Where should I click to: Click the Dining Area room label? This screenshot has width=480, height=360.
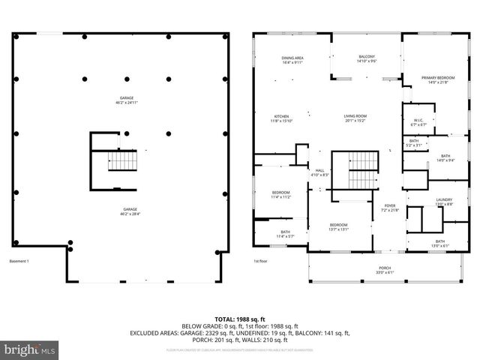click(292, 60)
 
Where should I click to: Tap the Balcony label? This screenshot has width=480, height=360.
click(367, 59)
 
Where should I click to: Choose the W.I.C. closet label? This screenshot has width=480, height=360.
click(418, 122)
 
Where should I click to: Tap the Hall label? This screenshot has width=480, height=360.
click(319, 172)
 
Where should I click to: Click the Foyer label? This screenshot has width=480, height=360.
click(389, 207)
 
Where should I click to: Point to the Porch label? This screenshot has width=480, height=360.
click(383, 270)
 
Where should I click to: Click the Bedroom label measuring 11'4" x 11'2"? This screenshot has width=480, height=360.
click(281, 195)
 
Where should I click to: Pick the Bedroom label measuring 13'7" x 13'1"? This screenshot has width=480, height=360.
click(339, 227)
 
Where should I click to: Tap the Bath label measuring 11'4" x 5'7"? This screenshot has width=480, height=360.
click(285, 234)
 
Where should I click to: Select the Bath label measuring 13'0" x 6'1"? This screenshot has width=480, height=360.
click(440, 243)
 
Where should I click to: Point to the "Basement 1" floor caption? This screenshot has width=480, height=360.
click(19, 261)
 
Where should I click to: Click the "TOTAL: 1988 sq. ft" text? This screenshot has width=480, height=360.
click(240, 319)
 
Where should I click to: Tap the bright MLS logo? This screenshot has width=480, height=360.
click(30, 349)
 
